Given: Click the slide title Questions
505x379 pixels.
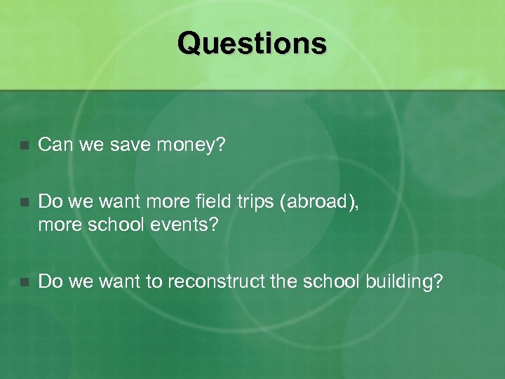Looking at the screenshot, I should point(252,43).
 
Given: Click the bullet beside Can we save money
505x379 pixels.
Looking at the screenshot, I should point(24,146).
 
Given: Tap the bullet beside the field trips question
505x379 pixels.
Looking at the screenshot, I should point(24,203).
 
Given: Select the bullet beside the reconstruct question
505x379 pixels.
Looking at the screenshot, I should point(24,282).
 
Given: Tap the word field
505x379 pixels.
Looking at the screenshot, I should point(208,201).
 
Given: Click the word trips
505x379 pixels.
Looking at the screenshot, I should point(254,201).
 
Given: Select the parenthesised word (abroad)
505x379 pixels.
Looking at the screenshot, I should point(320,201).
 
